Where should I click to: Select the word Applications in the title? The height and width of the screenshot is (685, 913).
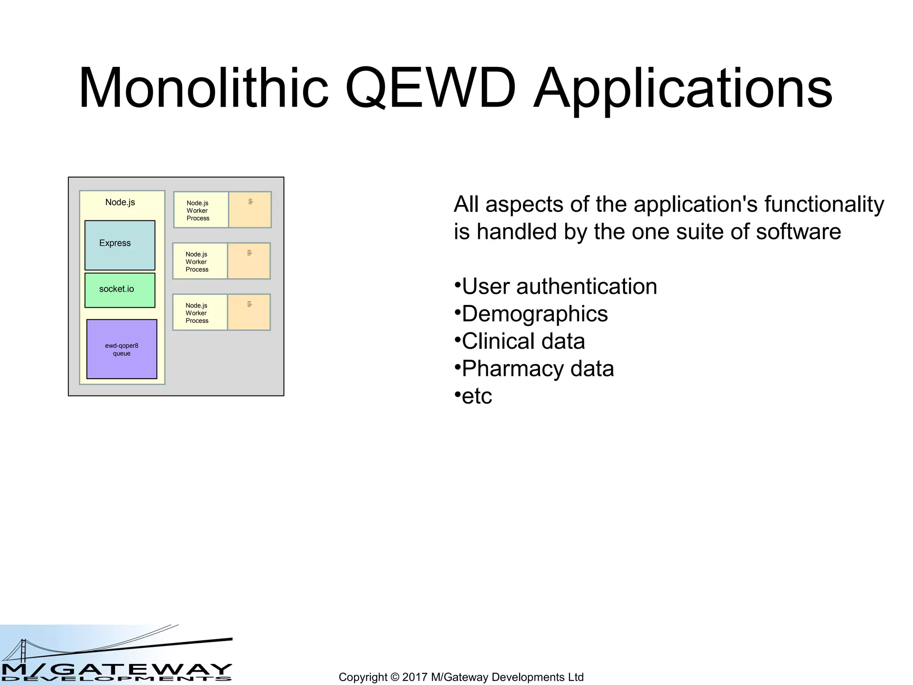click(682, 89)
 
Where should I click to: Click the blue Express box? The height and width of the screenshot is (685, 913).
click(120, 245)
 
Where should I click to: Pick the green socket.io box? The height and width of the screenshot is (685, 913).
click(120, 290)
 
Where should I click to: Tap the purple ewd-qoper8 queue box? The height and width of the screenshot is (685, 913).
click(122, 349)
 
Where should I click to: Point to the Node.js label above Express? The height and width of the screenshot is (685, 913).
click(120, 202)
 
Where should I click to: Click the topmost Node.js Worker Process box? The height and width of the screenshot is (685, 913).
click(201, 210)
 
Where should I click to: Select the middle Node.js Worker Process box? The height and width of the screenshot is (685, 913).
click(200, 261)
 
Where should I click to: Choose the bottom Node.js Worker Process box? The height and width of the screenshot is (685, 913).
click(200, 313)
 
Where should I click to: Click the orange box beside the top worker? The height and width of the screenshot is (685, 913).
click(250, 210)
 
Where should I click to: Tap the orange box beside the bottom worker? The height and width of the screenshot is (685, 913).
click(249, 313)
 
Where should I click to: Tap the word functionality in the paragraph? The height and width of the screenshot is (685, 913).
click(824, 205)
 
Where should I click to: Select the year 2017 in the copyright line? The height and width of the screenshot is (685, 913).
click(415, 677)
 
